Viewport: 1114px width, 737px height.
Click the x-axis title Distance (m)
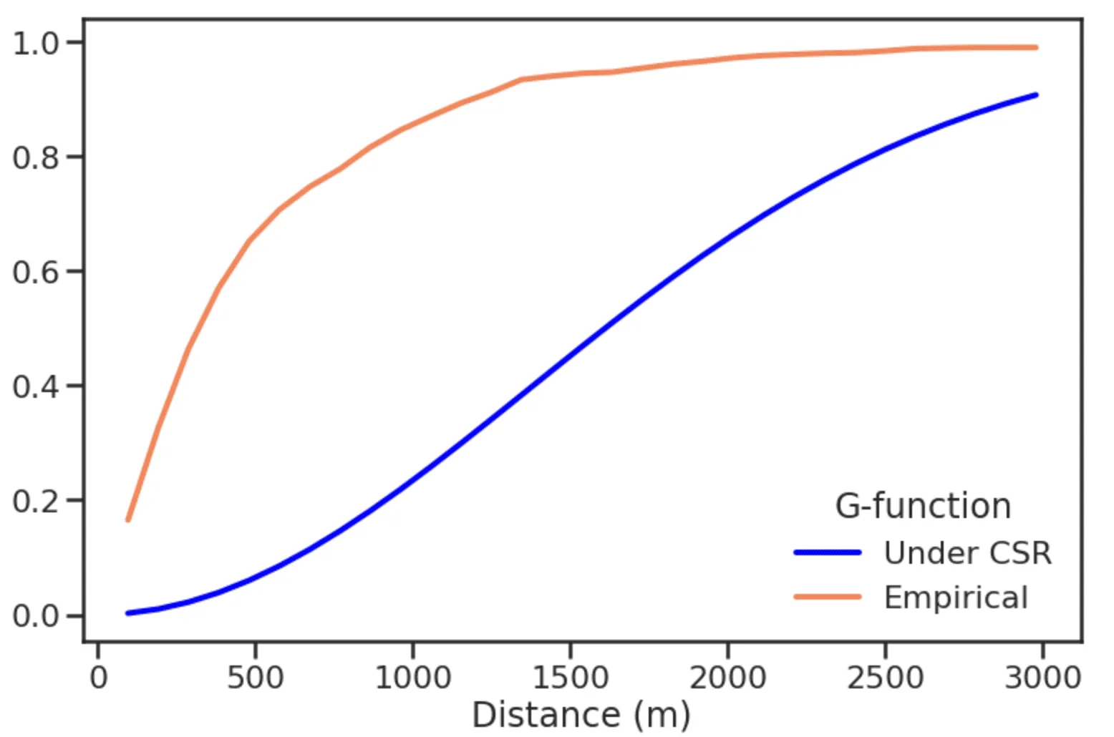click(581, 715)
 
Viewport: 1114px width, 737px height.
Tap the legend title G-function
click(922, 506)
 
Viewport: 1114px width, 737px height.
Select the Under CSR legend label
click(967, 553)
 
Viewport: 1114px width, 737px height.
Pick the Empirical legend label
click(956, 597)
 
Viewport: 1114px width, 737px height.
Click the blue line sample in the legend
click(827, 552)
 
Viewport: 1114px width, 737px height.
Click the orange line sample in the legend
click(827, 597)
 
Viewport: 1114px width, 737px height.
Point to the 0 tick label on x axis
click(98, 676)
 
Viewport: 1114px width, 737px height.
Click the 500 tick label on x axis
click(256, 676)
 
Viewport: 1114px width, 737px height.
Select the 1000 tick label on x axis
click(413, 676)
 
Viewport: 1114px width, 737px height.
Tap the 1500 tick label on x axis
click(571, 676)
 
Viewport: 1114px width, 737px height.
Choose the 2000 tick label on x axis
click(728, 676)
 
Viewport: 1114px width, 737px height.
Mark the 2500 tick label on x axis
click(886, 676)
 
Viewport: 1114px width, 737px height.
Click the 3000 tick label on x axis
click(1042, 676)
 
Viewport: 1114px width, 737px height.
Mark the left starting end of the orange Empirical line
click(128, 519)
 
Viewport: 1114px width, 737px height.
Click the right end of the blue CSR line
click(1036, 95)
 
